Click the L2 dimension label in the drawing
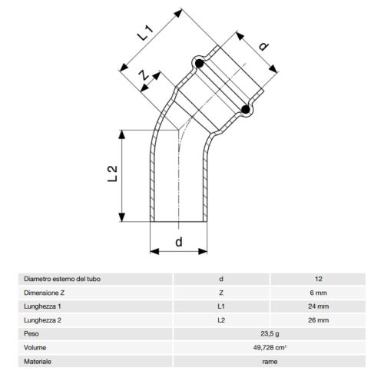112,174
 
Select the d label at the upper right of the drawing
263,47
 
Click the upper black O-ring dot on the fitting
198,63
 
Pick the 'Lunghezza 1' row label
44,306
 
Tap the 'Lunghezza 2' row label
44,319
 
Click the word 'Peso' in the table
32,333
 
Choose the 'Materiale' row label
39,361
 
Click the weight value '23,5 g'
269,333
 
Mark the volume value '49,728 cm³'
269,347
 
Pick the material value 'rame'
269,361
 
